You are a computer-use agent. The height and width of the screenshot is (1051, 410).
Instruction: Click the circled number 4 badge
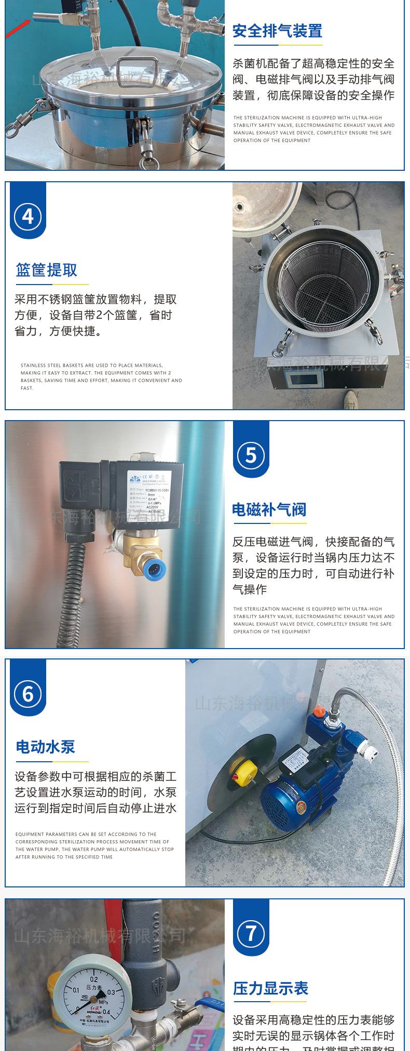click(28, 216)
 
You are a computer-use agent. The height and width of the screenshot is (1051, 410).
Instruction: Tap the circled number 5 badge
click(251, 455)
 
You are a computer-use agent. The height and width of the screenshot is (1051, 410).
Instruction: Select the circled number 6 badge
click(28, 694)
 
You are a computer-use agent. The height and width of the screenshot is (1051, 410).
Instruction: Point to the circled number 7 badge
click(251, 933)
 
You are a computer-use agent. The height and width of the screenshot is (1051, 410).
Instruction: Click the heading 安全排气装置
click(277, 31)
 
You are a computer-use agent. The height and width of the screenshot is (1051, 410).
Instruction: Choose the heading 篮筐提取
click(47, 270)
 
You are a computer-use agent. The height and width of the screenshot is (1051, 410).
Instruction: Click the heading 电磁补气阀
click(269, 509)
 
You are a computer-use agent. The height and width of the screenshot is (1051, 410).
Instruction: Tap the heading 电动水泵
click(46, 747)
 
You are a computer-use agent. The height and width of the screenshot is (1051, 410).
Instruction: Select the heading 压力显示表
click(270, 988)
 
